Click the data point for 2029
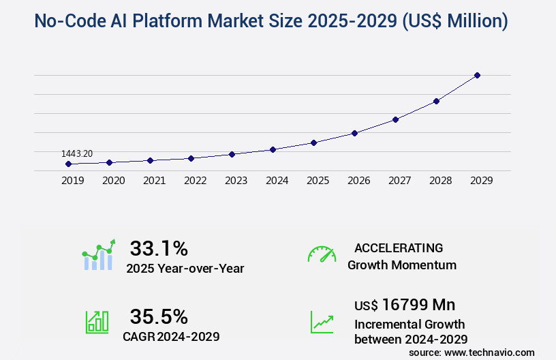pyautogui.click(x=477, y=75)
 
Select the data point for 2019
pyautogui.click(x=68, y=164)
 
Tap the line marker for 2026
pyautogui.click(x=354, y=133)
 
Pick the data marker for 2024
pyautogui.click(x=273, y=149)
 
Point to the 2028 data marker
pyautogui.click(x=436, y=101)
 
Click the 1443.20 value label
pyautogui.click(x=77, y=154)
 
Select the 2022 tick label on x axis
pyautogui.click(x=195, y=181)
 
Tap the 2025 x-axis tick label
pyautogui.click(x=318, y=181)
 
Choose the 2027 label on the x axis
pyautogui.click(x=399, y=181)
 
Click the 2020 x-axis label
pyautogui.click(x=113, y=181)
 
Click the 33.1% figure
pyautogui.click(x=159, y=247)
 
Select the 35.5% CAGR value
pyautogui.click(x=159, y=316)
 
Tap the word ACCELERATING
pyautogui.click(x=399, y=247)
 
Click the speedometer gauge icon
pyautogui.click(x=322, y=254)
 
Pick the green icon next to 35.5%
pyautogui.click(x=96, y=322)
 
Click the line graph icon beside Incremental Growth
pyautogui.click(x=322, y=322)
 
